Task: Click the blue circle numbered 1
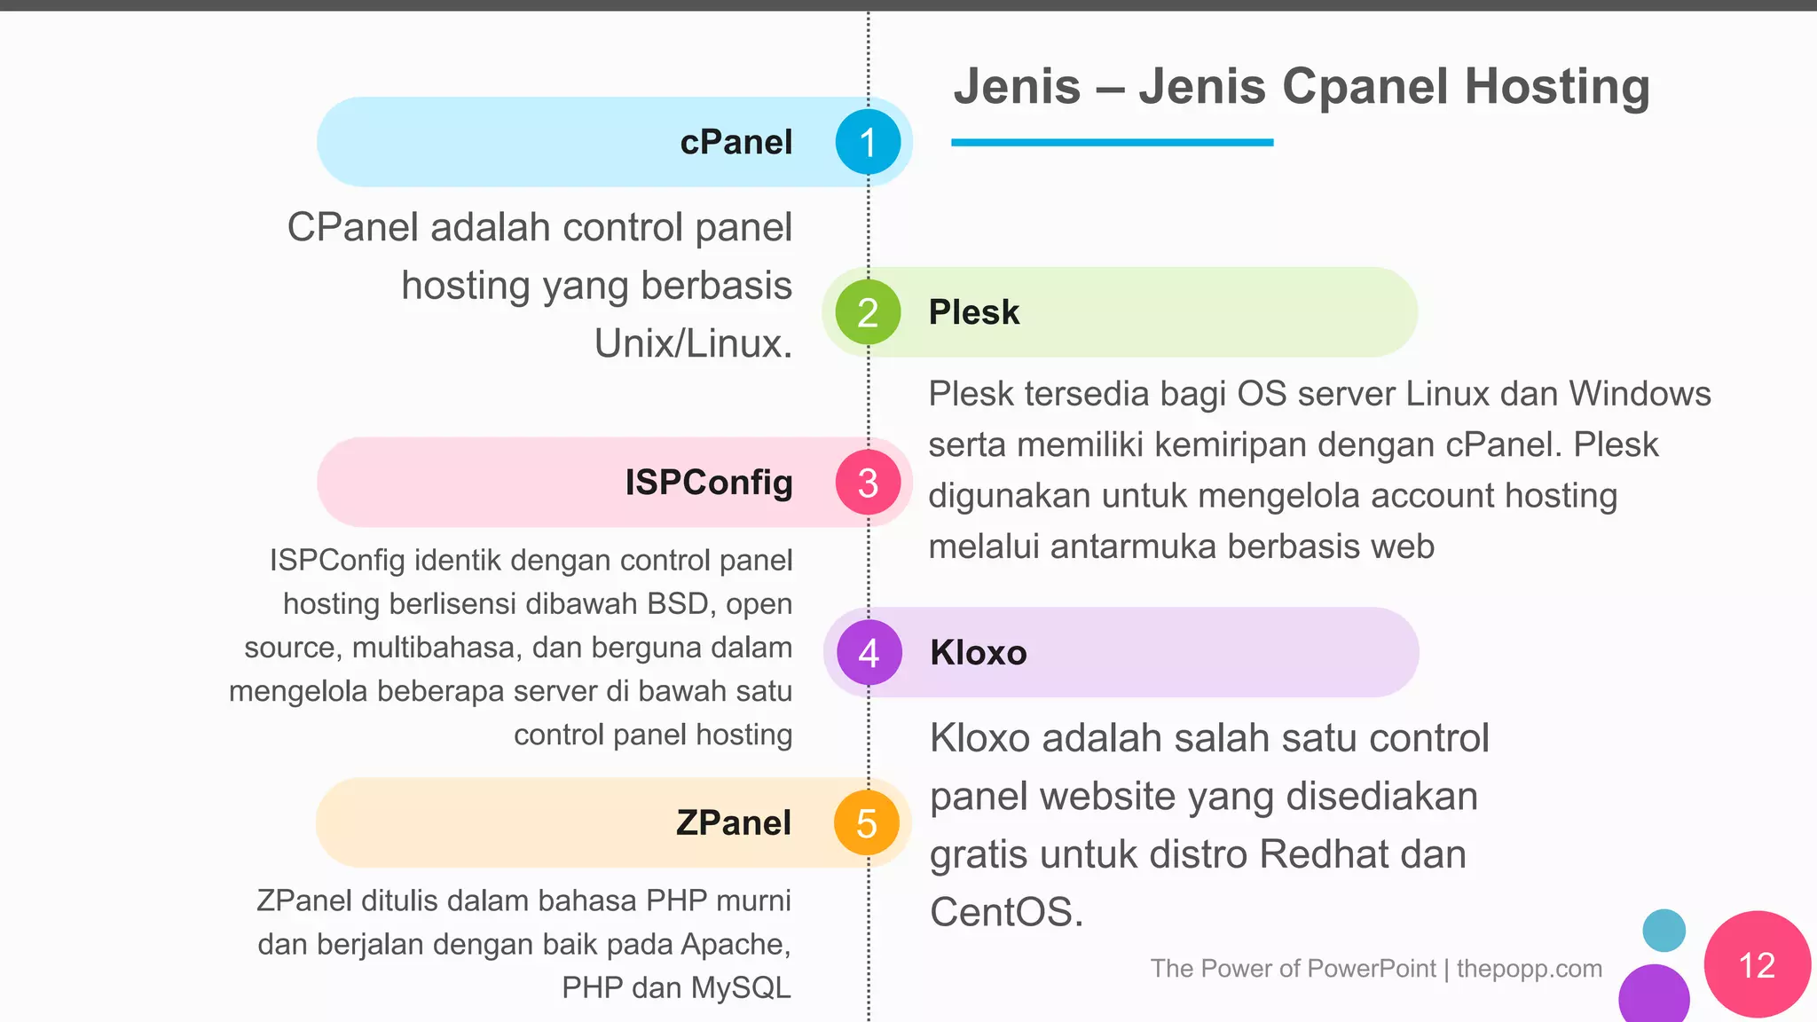coord(868,142)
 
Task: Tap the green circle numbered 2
coord(868,312)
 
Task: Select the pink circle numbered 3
coord(868,483)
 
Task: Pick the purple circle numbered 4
coord(869,653)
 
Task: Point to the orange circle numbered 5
coord(867,823)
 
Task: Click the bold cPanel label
coord(735,142)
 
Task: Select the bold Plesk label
coord(973,312)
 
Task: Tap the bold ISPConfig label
coord(708,483)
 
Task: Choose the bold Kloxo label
coord(978,653)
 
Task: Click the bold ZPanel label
coord(733,823)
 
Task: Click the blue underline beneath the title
coord(1112,142)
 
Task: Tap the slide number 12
coord(1757,965)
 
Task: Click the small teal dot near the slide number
coord(1664,931)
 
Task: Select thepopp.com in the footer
coord(1529,969)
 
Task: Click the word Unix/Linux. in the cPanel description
coord(693,344)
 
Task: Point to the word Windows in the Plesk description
coord(1640,394)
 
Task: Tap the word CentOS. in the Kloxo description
coord(1006,912)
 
